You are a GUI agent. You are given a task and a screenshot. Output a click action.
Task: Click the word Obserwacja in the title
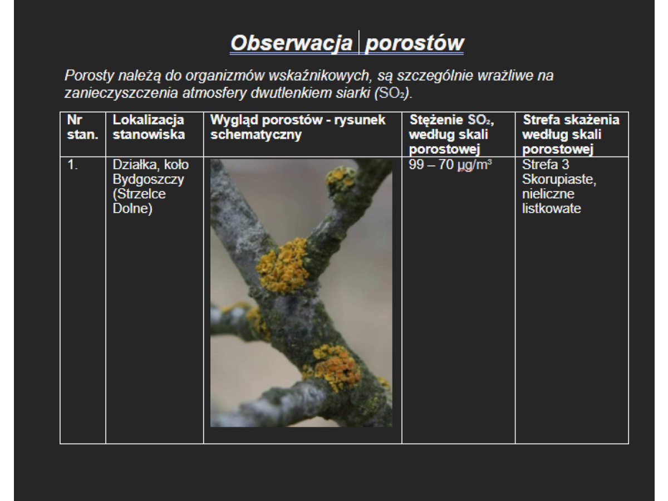(x=291, y=43)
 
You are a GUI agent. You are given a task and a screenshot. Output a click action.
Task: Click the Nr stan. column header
(x=82, y=127)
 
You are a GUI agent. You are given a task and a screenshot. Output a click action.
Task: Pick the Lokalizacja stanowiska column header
(x=149, y=127)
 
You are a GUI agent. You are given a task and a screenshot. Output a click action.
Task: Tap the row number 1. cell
(x=72, y=165)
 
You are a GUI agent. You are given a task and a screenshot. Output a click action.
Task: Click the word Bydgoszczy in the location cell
(x=148, y=179)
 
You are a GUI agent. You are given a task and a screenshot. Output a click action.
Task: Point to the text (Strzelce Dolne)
(x=139, y=201)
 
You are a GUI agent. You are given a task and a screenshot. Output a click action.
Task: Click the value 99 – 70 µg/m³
(x=450, y=165)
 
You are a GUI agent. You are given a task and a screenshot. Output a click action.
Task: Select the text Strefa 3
(x=546, y=165)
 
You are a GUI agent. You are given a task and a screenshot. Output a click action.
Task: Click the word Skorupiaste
(x=559, y=179)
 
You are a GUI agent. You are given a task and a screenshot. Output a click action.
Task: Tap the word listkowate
(x=552, y=208)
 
